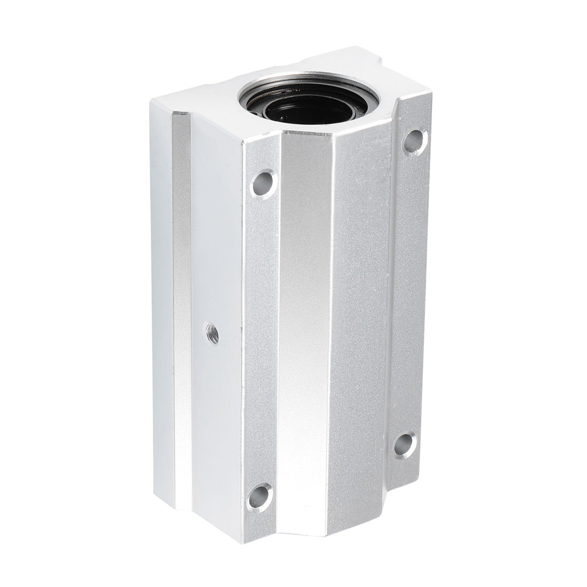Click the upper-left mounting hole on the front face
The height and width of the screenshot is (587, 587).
pos(264,183)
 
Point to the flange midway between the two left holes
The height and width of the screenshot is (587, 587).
pos(261,336)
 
